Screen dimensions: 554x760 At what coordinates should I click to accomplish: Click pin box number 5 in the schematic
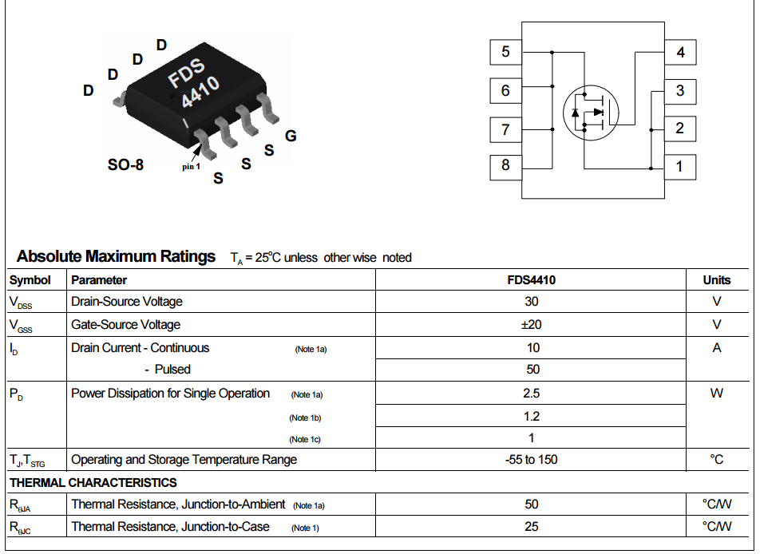(505, 53)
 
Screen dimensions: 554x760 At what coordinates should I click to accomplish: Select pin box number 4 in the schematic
(680, 53)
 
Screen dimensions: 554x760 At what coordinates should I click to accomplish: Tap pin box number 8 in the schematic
(505, 166)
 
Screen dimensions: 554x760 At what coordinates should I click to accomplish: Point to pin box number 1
(679, 167)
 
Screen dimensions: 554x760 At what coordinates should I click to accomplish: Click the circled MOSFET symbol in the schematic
(591, 113)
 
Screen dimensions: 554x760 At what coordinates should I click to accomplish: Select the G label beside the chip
(291, 136)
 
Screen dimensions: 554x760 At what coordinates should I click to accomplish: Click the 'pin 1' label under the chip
(191, 166)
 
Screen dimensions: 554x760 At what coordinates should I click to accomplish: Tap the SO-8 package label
(125, 166)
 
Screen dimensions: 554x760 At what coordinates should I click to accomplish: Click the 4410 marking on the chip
(200, 93)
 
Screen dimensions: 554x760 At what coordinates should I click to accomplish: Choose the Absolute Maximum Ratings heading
(117, 256)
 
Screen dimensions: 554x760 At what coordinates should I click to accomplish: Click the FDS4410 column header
(532, 280)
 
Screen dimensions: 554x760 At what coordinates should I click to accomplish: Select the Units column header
(716, 280)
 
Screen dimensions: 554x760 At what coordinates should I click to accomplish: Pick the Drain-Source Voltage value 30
(532, 302)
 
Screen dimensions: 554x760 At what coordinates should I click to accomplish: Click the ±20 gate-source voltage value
(532, 325)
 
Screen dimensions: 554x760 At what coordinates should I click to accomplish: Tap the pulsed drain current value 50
(532, 370)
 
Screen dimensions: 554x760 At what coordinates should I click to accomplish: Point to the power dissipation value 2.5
(532, 394)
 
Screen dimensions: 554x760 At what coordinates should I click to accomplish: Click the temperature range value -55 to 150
(532, 460)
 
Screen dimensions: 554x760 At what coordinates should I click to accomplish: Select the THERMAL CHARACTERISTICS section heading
(93, 483)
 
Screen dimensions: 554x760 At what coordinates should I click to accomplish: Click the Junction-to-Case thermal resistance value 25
(532, 527)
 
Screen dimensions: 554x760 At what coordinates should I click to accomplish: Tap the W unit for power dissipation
(716, 394)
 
